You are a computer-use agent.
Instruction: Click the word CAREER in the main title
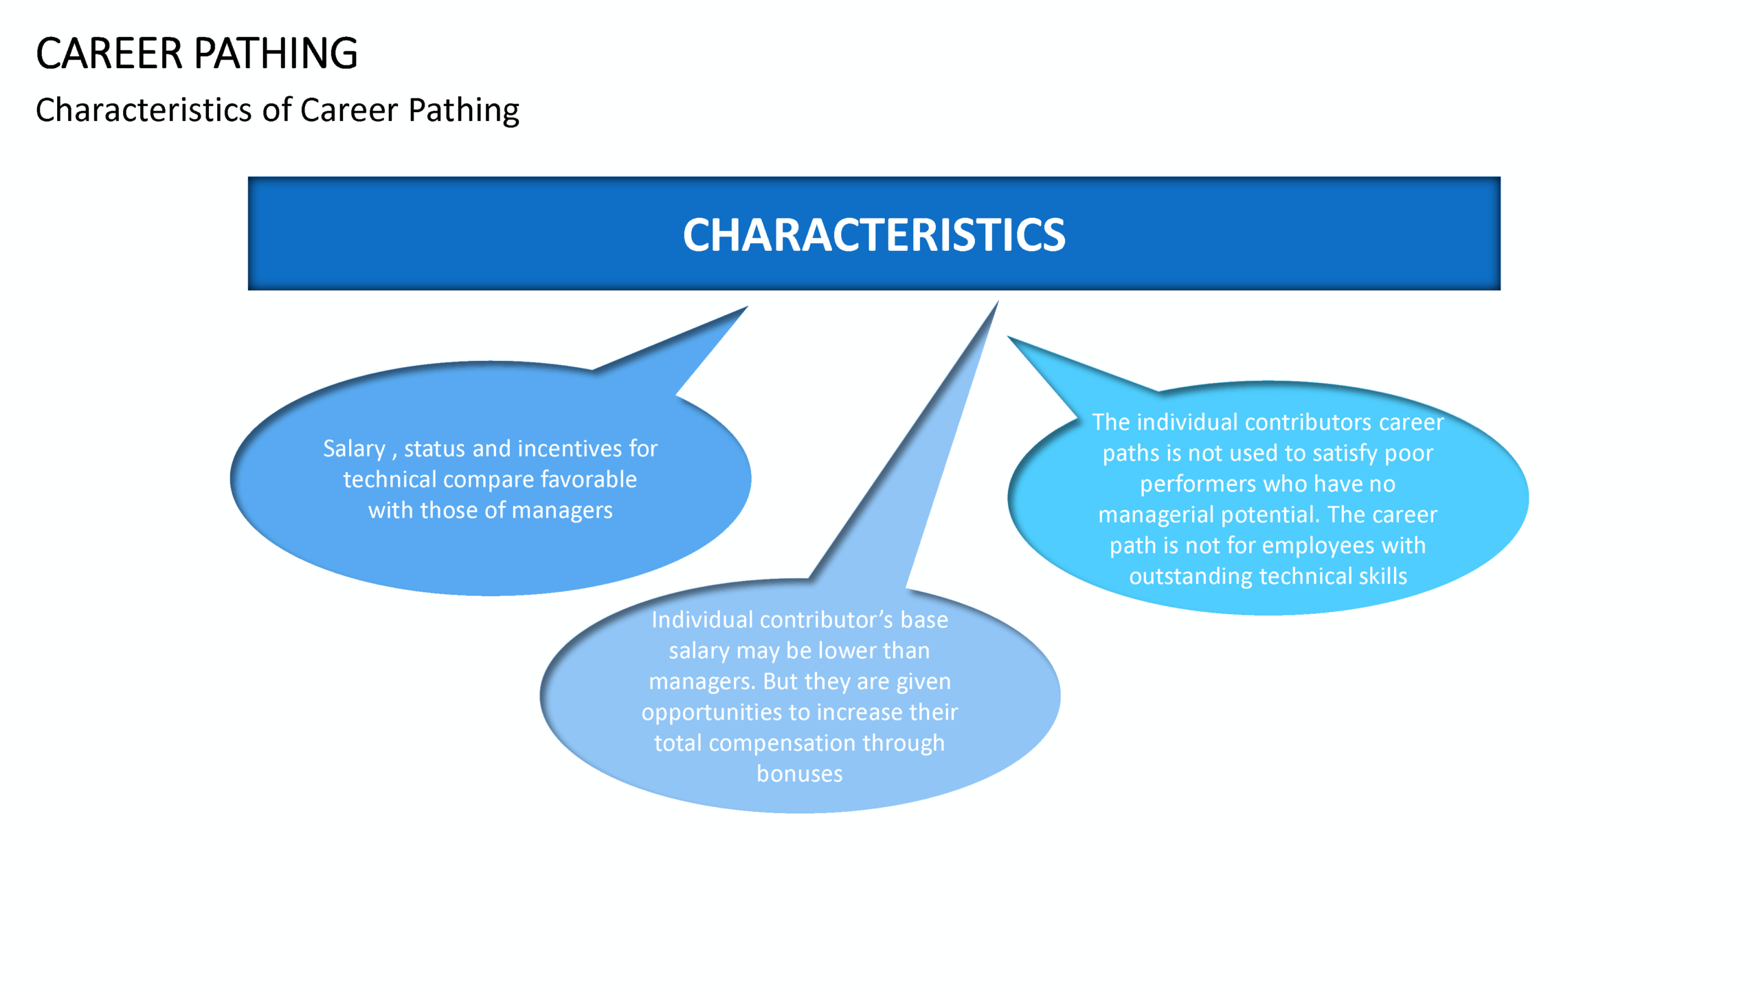109,54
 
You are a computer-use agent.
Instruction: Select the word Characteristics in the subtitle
144,110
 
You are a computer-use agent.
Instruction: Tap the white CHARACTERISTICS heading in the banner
874,235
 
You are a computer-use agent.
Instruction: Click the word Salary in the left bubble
355,449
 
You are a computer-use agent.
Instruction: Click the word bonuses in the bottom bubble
800,774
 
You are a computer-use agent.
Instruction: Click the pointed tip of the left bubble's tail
748,307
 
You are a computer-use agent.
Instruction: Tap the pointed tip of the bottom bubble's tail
998,301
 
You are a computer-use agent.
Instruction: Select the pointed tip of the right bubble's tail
1008,336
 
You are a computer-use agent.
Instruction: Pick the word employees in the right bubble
1319,546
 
